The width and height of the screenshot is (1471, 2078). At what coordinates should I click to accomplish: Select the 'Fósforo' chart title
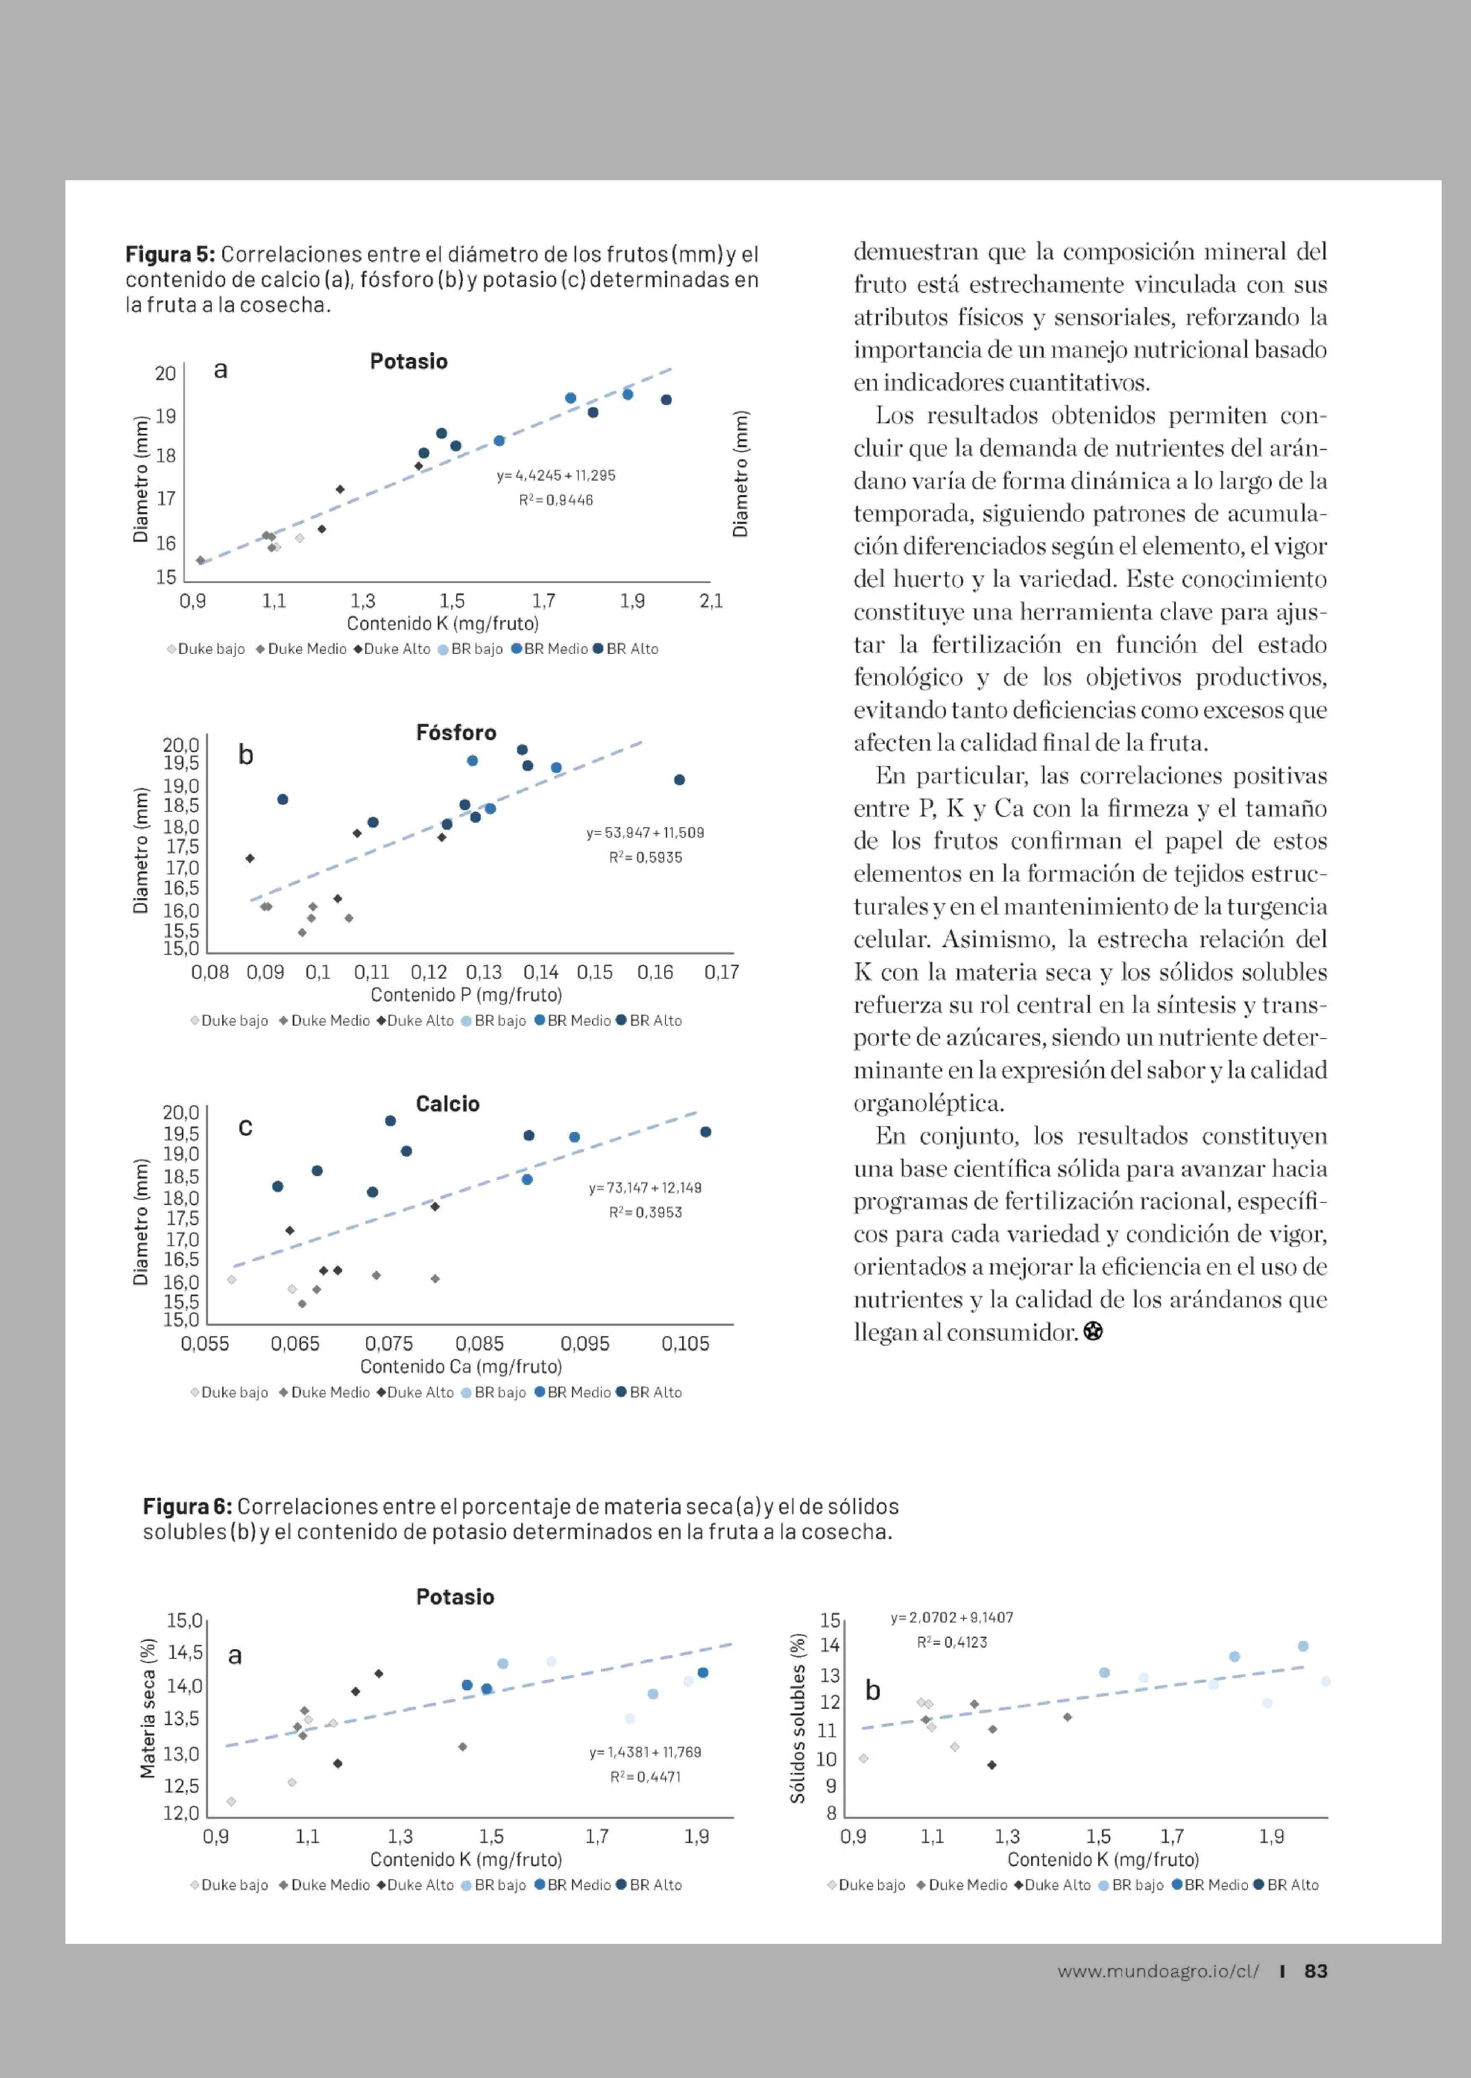[x=456, y=733]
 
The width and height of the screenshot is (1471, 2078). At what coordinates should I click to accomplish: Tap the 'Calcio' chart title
[x=447, y=1104]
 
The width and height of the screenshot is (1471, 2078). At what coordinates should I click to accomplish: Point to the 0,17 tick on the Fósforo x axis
[x=721, y=972]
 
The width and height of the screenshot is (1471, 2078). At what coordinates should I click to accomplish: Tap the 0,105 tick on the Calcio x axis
[x=685, y=1344]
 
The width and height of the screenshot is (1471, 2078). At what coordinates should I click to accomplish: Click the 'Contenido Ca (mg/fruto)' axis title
[x=461, y=1366]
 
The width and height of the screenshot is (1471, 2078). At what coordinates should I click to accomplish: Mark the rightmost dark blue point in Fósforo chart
[x=679, y=780]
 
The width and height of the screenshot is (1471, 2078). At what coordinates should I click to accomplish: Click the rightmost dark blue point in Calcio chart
[x=706, y=1132]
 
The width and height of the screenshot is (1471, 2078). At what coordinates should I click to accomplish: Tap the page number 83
[x=1315, y=1971]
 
